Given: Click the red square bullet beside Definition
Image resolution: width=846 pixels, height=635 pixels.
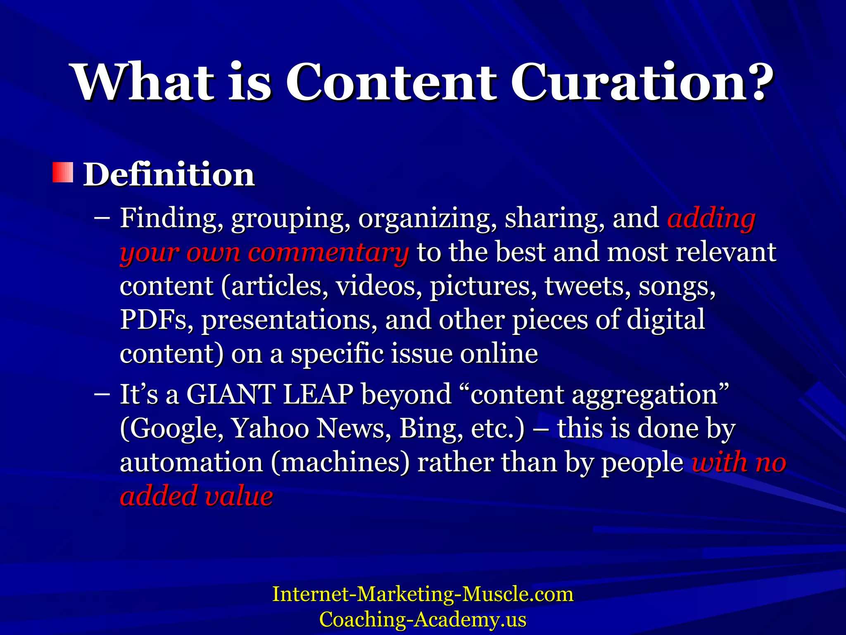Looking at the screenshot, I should (x=63, y=173).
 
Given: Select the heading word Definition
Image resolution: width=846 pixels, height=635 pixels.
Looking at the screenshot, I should (x=169, y=174).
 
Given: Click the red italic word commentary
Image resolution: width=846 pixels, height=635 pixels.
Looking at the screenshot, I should (x=328, y=252).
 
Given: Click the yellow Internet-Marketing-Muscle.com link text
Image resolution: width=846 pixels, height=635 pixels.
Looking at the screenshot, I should (x=423, y=594).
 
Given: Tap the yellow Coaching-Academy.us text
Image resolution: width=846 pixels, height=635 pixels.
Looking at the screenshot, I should (x=423, y=619).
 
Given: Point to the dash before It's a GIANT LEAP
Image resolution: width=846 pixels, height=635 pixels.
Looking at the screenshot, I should (x=102, y=394).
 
